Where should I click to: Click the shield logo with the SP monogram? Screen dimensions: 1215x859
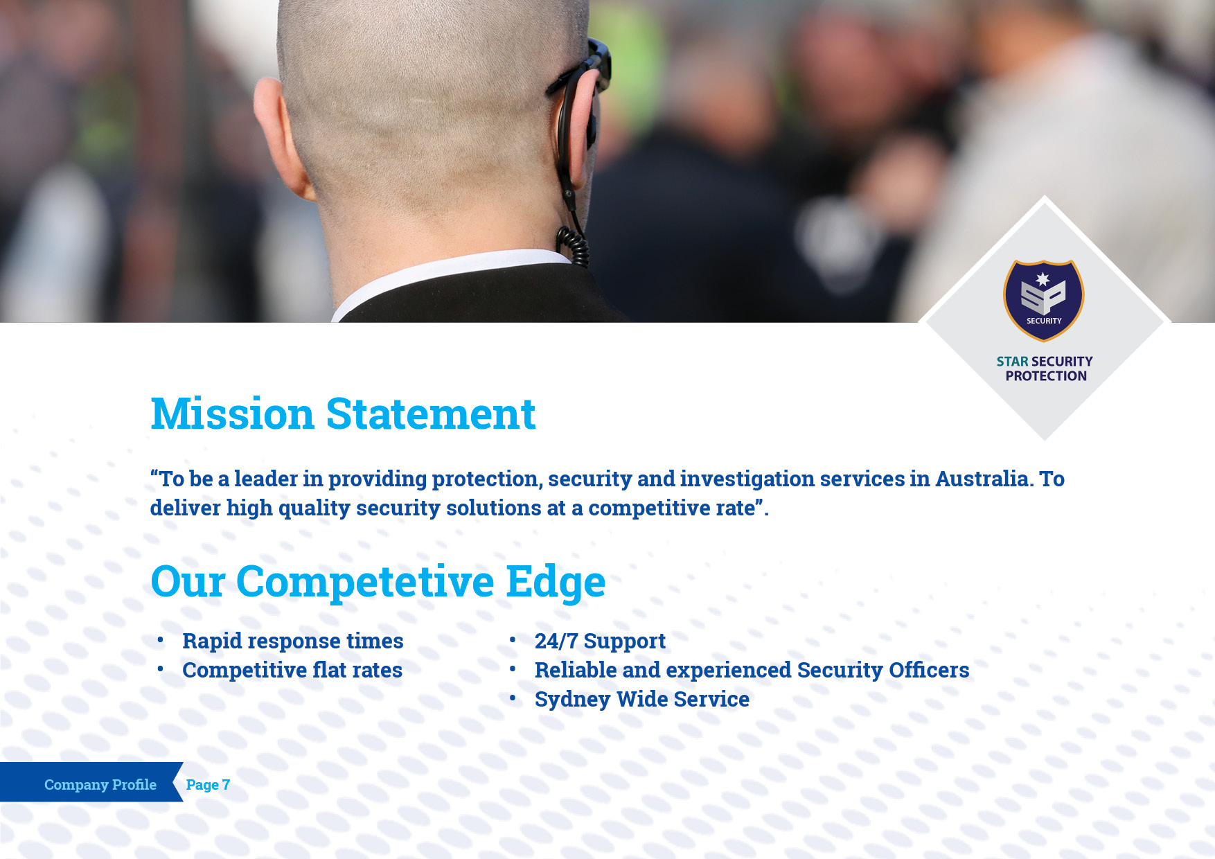[x=1044, y=300]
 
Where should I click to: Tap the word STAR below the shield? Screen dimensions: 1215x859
[x=1012, y=362]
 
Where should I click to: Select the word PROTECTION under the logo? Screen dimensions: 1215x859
[x=1046, y=376]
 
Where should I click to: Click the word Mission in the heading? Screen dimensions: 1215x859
[x=232, y=414]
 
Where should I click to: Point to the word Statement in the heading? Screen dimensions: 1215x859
[x=431, y=414]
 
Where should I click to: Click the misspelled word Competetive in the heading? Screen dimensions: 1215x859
[x=365, y=581]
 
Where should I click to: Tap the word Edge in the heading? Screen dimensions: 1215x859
[x=556, y=582]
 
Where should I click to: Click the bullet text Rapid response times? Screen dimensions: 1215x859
[x=293, y=641]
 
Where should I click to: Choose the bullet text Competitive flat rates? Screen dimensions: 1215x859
[x=292, y=670]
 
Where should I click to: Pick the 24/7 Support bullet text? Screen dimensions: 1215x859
[x=600, y=641]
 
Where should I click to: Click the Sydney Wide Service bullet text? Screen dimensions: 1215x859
[x=642, y=699]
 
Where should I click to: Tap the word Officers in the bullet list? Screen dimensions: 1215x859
[x=929, y=670]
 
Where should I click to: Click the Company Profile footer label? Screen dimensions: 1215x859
[x=100, y=784]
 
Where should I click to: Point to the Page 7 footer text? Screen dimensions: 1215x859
[x=208, y=784]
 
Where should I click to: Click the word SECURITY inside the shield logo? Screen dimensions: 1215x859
[x=1044, y=321]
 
